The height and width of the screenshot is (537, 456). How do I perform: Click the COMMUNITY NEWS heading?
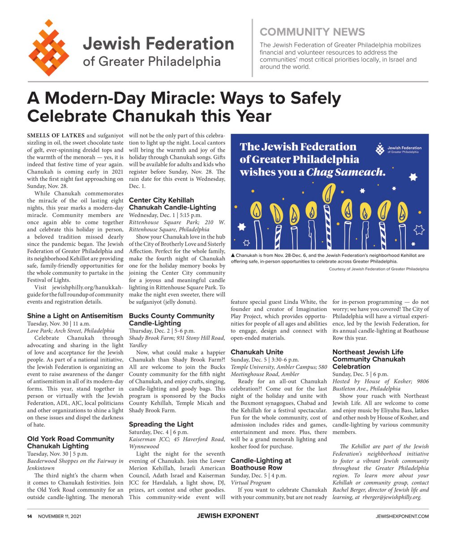(x=312, y=32)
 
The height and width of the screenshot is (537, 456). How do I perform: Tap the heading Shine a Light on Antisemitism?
(x=75, y=316)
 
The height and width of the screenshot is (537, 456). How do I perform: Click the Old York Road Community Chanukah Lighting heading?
(x=71, y=443)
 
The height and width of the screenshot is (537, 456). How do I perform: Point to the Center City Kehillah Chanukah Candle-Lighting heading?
(x=172, y=204)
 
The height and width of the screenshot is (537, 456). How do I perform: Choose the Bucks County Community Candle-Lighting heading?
(x=172, y=320)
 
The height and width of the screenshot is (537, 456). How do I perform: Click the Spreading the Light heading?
(x=161, y=424)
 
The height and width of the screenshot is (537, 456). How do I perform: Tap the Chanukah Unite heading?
(x=257, y=352)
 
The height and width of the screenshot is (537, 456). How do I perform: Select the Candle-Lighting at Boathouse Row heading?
(x=261, y=464)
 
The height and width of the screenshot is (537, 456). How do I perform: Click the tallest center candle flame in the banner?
(x=329, y=193)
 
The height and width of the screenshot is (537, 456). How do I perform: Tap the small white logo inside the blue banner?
(x=380, y=149)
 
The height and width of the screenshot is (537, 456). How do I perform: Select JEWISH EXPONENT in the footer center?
(x=228, y=516)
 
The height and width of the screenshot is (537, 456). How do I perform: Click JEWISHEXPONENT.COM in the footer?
(x=402, y=516)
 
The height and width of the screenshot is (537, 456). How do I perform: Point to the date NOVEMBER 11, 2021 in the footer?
(x=60, y=516)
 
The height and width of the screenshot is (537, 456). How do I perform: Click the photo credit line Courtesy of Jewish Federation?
(x=379, y=269)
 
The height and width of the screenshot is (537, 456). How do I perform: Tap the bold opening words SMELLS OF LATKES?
(x=56, y=136)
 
